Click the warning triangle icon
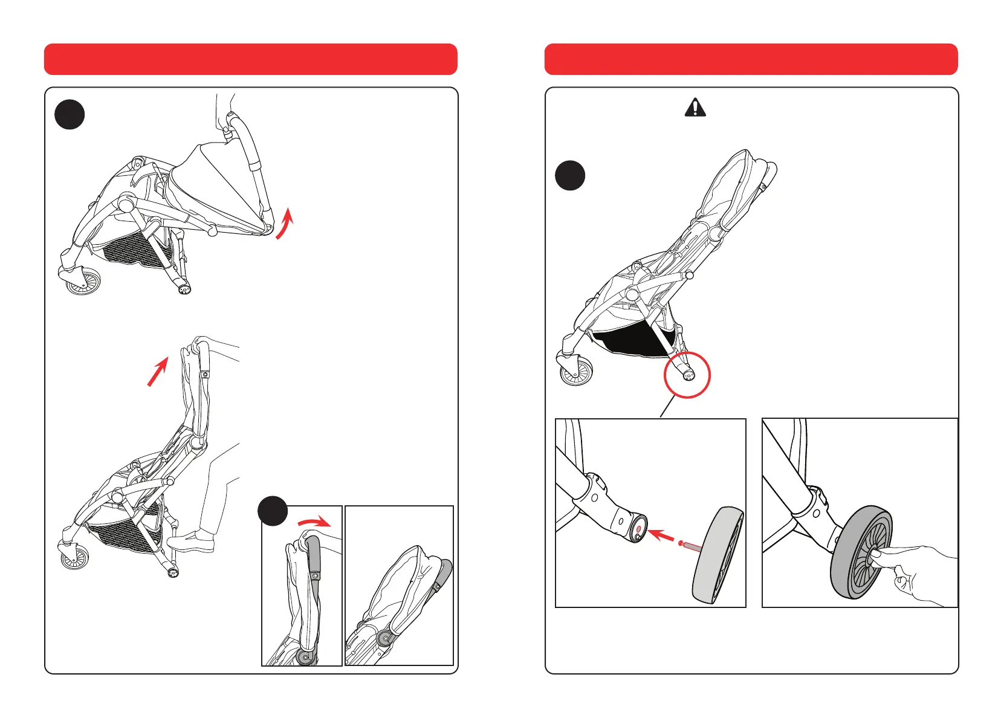695,108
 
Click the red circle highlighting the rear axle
687,375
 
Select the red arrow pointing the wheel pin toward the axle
664,535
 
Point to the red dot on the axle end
639,529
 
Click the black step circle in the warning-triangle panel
570,175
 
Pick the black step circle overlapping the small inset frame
273,511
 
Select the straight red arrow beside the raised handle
158,370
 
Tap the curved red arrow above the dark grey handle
314,522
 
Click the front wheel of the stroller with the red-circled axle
576,372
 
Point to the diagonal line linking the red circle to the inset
667,407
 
